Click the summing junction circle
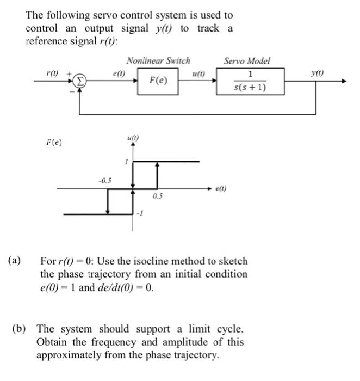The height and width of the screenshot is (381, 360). [x=80, y=81]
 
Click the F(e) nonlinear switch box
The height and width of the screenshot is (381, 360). [x=158, y=81]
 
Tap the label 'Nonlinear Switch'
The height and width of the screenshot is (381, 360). [x=158, y=60]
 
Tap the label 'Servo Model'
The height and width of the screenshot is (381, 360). [x=246, y=61]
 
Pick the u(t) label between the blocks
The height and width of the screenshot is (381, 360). [x=198, y=73]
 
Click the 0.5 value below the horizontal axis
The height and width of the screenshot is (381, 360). [x=157, y=195]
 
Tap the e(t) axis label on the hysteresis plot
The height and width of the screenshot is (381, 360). [x=221, y=189]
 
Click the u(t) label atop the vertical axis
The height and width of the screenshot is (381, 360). [x=132, y=138]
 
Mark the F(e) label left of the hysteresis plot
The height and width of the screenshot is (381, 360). [x=54, y=143]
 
